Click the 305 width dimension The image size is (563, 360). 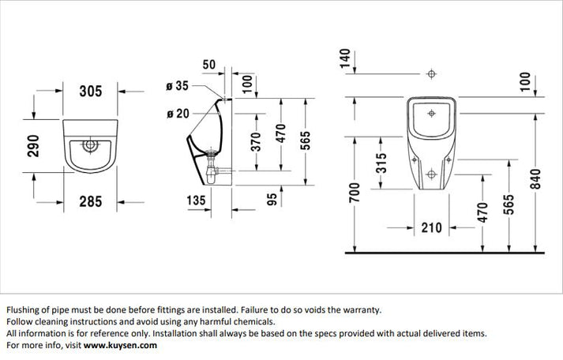click(x=91, y=92)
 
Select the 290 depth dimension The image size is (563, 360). click(x=33, y=145)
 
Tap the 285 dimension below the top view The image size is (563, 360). click(x=91, y=202)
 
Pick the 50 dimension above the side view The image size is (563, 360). click(x=209, y=63)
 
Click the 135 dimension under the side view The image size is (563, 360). click(x=195, y=202)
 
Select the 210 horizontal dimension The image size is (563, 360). click(x=430, y=228)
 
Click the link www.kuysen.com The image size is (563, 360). click(x=120, y=345)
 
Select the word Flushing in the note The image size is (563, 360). click(x=24, y=309)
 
